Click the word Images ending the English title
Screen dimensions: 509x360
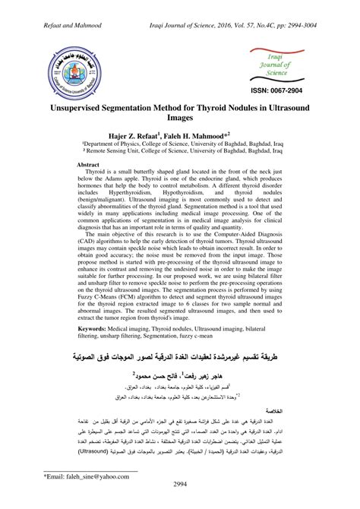pyautogui.click(x=180, y=119)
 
